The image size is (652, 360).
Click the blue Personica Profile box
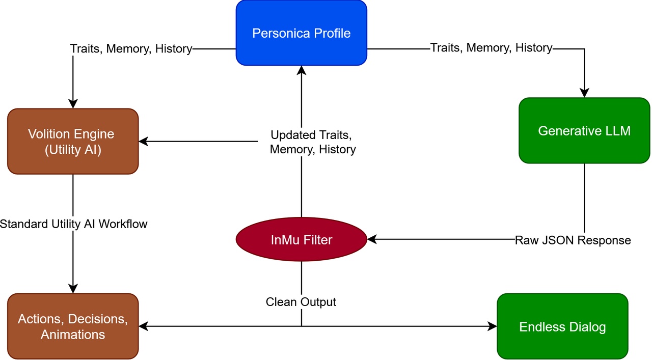[301, 33]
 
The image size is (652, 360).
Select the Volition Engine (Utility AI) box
[73, 141]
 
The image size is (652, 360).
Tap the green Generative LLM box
[584, 131]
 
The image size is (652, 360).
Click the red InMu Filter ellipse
[301, 239]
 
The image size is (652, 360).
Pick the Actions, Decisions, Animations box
[73, 326]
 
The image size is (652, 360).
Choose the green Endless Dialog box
[562, 326]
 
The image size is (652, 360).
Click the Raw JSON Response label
[573, 240]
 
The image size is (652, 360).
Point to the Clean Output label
[301, 302]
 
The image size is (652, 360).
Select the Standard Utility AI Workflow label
[73, 224]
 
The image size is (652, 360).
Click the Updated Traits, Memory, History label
[312, 142]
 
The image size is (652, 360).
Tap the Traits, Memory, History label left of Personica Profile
[131, 49]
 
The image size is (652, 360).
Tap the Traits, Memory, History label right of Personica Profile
[491, 48]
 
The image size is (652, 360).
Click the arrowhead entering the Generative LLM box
[584, 93]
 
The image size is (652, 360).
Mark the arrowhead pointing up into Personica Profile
[301, 70]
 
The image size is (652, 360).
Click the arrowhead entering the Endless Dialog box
[492, 326]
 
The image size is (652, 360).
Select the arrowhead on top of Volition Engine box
[73, 104]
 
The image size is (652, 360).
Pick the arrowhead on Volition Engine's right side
[143, 142]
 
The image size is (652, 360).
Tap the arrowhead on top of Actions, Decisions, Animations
[73, 289]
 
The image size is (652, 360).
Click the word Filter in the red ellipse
[317, 239]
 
